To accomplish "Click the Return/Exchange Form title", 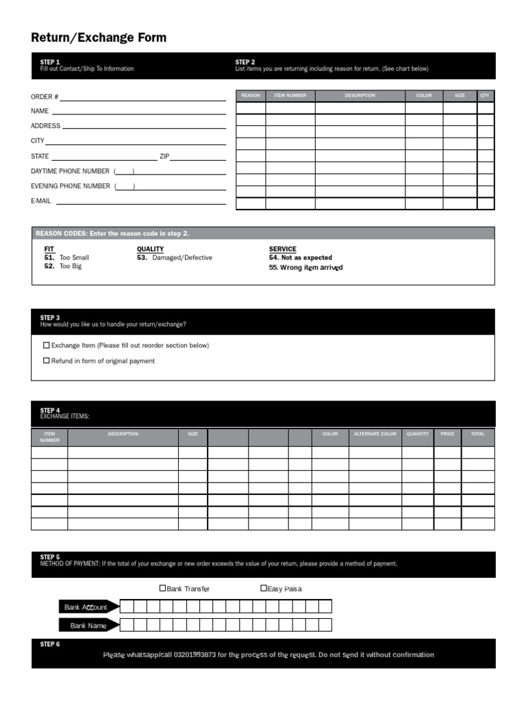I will tap(99, 38).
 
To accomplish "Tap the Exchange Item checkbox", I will tap(47, 346).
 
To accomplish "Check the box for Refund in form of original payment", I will tap(47, 361).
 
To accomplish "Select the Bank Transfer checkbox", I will tap(163, 588).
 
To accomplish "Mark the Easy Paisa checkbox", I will tap(264, 588).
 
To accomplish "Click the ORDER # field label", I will tap(45, 97).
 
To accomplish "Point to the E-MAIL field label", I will tap(41, 201).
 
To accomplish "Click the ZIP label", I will tap(164, 156).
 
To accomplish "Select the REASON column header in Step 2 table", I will tap(251, 96).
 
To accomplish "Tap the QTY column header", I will tap(485, 96).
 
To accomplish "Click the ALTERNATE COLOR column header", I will tap(375, 434).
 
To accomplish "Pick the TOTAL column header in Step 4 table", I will tap(477, 434).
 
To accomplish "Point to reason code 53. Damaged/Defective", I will tap(175, 258).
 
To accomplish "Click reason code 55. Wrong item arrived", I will tap(305, 268).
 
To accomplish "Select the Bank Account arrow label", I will tap(86, 607).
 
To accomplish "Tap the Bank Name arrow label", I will tap(88, 626).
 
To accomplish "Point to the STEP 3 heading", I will tap(50, 318).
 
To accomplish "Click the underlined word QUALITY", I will tap(150, 249).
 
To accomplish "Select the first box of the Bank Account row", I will tap(126, 607).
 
